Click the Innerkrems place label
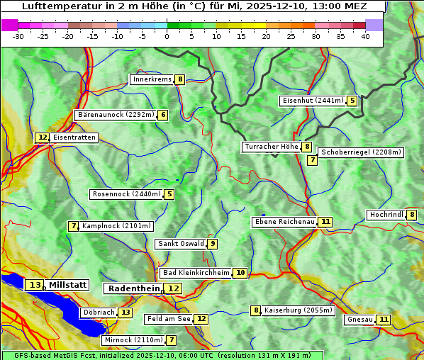coord(152,79)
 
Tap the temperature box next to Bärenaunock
coord(163,115)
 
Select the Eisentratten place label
coord(74,137)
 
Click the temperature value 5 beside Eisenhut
coord(352,101)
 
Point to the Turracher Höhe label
coord(271,147)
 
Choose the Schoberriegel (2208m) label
coord(361,152)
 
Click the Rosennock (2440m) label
coord(126,194)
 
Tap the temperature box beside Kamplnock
coord(73,226)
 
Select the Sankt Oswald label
coord(181,244)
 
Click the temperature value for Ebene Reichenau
coord(325,222)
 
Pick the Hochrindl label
coord(386,215)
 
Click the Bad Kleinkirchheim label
coord(196,273)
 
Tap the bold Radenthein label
coord(133,288)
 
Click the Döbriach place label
coord(99,313)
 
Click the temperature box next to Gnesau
coord(384,320)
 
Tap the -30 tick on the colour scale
coord(18,36)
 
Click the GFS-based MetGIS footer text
coord(162,355)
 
